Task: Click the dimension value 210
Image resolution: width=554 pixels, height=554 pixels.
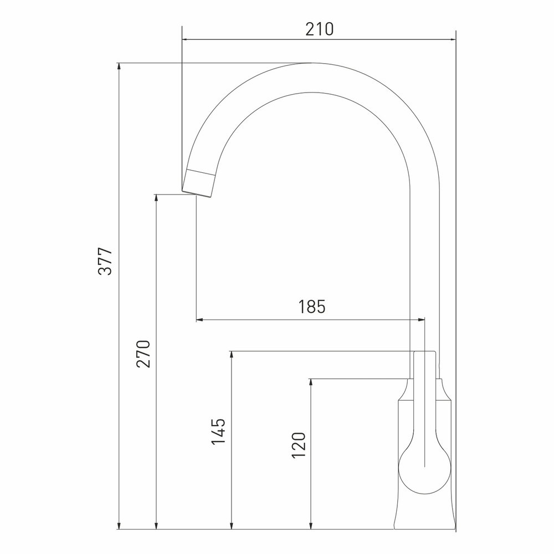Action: tap(320, 29)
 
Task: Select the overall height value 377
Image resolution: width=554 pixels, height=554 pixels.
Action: tap(106, 261)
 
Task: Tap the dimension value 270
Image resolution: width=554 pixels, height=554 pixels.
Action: tap(143, 354)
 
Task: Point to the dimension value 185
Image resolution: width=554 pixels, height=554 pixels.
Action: tap(312, 307)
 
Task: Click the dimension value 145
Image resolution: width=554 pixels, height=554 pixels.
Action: tap(218, 432)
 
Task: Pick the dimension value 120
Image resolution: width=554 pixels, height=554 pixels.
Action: tap(298, 445)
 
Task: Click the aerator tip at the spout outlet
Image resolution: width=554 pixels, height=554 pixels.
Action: tap(199, 183)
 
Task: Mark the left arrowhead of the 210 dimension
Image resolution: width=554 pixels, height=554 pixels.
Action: tap(186, 40)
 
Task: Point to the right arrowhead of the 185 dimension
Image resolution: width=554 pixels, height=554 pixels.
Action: tap(420, 320)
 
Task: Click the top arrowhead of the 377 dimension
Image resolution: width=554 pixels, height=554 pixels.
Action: tap(119, 67)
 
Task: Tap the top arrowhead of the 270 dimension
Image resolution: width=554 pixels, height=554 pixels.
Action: tap(157, 198)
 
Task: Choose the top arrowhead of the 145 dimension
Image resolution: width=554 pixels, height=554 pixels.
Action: tap(232, 355)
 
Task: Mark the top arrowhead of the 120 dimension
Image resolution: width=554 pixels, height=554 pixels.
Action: tap(311, 383)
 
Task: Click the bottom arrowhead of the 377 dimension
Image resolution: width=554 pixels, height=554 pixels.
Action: tap(119, 525)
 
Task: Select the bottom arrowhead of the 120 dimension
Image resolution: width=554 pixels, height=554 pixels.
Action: tap(311, 525)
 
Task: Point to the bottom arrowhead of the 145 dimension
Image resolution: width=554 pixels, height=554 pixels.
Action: tap(232, 525)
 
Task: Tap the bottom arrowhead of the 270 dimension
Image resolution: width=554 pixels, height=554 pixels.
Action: tap(157, 525)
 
